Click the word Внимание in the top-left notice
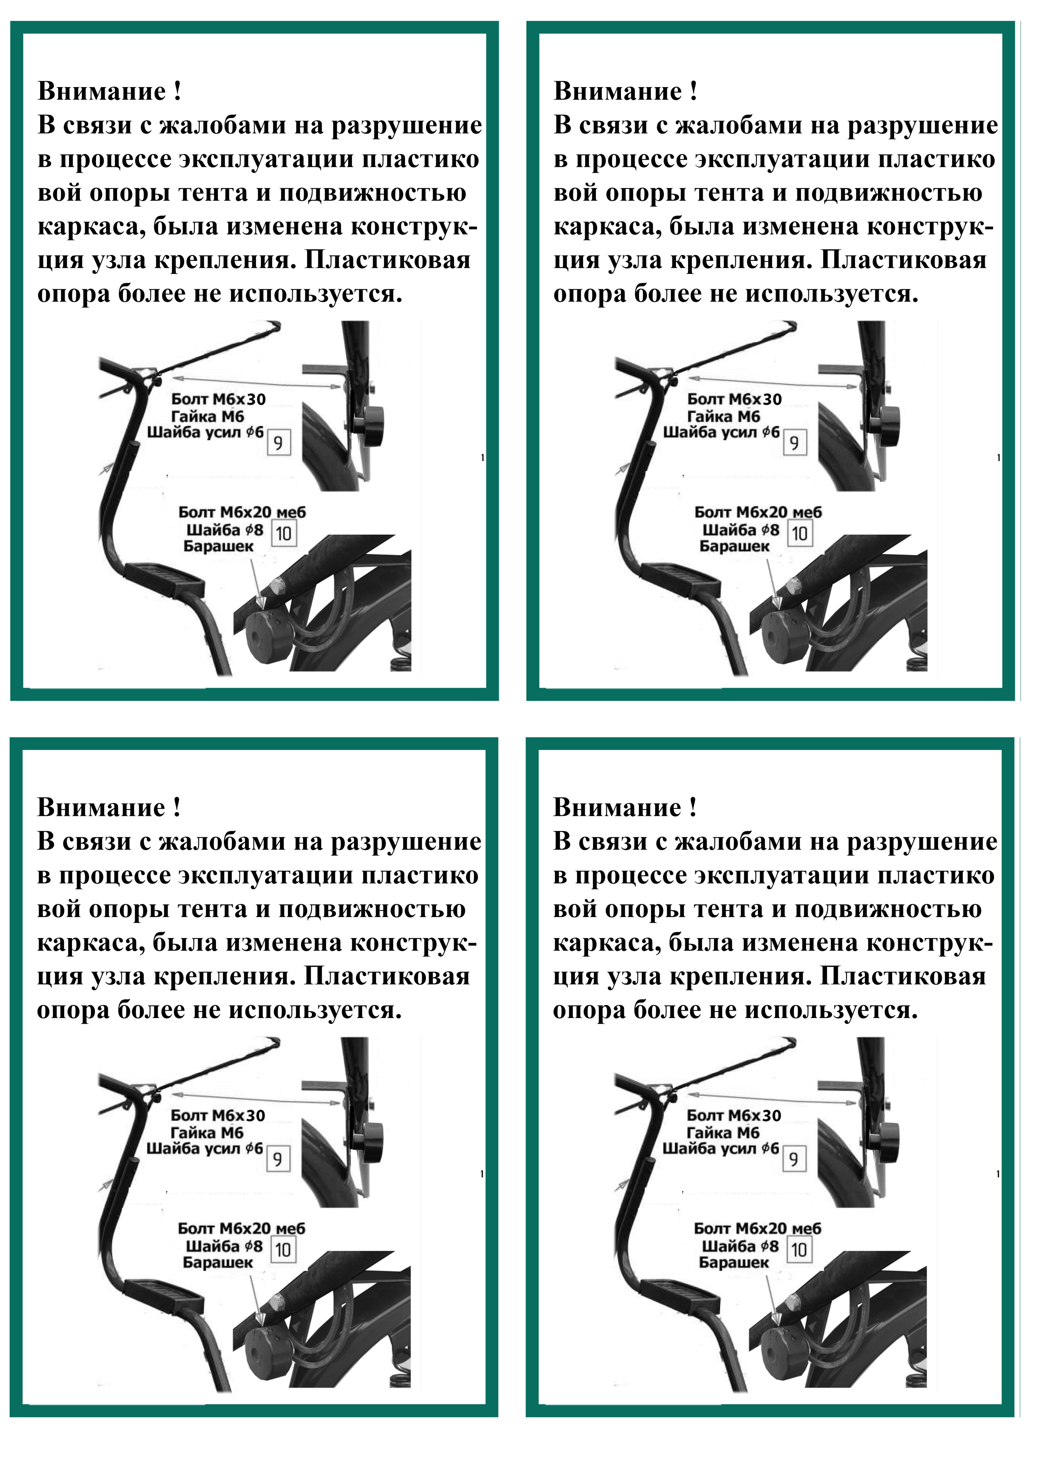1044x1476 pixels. (102, 91)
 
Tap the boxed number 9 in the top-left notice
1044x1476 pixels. (278, 442)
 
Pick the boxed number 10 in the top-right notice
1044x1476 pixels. (800, 533)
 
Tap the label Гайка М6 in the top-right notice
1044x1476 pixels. (724, 417)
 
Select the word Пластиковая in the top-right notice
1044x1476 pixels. (904, 261)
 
